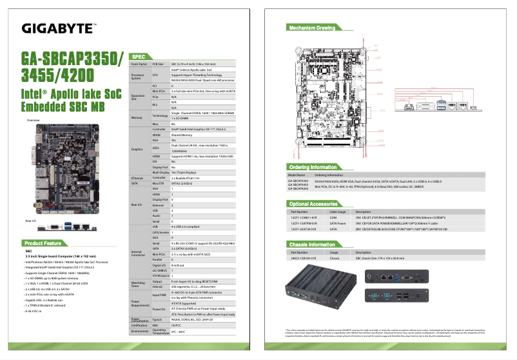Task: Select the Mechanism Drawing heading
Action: pos(312,28)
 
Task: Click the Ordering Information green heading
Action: pos(313,167)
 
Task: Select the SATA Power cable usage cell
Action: pos(338,223)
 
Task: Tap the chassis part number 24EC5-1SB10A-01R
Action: pos(305,257)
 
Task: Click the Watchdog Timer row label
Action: pos(139,283)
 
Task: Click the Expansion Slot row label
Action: pos(138,97)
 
